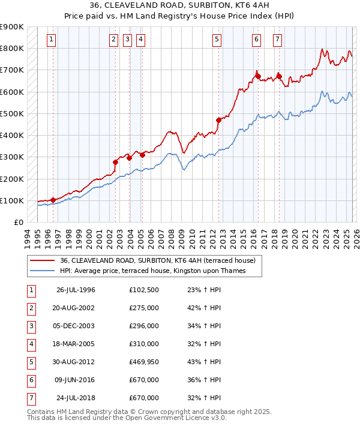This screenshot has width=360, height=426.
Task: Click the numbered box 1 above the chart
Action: [x=52, y=40]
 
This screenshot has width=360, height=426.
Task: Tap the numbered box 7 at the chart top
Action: [x=278, y=40]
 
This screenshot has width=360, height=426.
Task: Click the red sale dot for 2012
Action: [x=218, y=120]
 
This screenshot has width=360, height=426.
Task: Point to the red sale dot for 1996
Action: [x=53, y=200]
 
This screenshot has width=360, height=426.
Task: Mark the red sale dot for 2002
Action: [x=115, y=162]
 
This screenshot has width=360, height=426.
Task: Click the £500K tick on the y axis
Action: [x=12, y=113]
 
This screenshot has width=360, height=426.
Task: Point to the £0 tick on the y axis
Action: [x=18, y=223]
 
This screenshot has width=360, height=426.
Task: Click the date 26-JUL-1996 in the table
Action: [x=76, y=290]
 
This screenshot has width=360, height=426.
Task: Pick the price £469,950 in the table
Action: [x=144, y=362]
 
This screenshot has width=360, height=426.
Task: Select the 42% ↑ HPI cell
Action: [x=203, y=308]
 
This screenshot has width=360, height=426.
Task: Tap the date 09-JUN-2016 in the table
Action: [x=76, y=380]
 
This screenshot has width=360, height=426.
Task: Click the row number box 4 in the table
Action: [x=30, y=344]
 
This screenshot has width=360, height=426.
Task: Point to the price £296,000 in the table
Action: [x=144, y=326]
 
